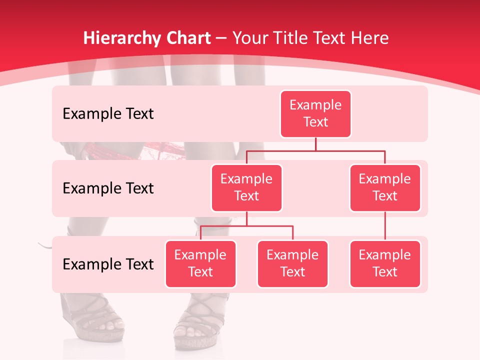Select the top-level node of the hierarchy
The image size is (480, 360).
point(315,113)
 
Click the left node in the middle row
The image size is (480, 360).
point(246,187)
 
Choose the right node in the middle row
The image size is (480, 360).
point(385,187)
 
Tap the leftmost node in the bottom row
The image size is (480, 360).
point(200,263)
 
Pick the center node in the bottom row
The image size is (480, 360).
point(292,263)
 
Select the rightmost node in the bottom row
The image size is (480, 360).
point(385,263)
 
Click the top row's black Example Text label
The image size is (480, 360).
point(108,114)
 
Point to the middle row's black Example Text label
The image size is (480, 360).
point(108,188)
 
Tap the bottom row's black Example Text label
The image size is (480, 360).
point(108,264)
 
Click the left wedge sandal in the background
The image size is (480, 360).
point(90,320)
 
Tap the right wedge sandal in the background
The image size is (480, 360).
point(197,325)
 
